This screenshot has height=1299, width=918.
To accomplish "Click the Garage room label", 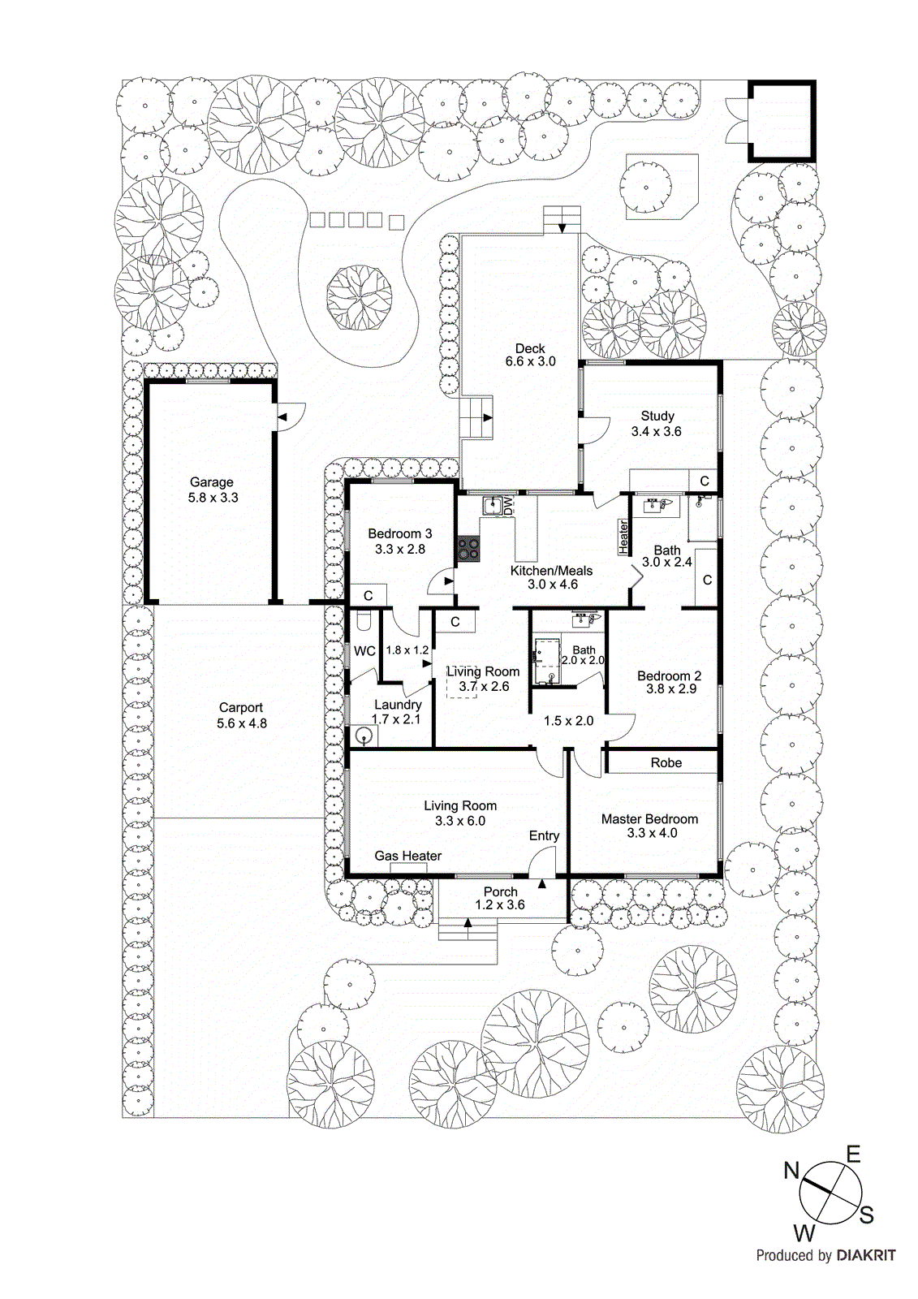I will [x=211, y=482].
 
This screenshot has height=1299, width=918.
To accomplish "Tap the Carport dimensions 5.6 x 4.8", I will [x=242, y=723].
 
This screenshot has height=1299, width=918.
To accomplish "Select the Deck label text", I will [x=530, y=348].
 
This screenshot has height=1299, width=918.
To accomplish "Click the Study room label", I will [x=657, y=416].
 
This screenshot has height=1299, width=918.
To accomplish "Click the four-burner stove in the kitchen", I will [x=468, y=549].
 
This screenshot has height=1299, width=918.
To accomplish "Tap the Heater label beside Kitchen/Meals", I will [x=623, y=537].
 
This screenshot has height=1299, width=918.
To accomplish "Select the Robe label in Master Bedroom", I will [x=666, y=762].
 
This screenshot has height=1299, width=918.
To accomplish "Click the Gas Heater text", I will [x=407, y=856].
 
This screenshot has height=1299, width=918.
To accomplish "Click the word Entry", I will [x=544, y=835].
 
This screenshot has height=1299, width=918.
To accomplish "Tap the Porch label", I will [x=500, y=891].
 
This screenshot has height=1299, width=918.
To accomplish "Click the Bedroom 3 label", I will [x=399, y=533].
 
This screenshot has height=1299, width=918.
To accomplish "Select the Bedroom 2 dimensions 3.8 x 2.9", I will [x=671, y=689].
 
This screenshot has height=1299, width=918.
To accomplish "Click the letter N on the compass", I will [x=791, y=1171].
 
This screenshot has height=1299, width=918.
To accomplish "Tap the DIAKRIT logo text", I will [x=865, y=1255].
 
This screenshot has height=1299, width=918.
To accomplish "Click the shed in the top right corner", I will [x=781, y=120].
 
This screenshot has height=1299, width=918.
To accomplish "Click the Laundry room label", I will [x=398, y=705].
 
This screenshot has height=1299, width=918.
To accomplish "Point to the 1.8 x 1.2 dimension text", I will [x=407, y=650].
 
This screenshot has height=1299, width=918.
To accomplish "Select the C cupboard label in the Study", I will [x=704, y=481].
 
